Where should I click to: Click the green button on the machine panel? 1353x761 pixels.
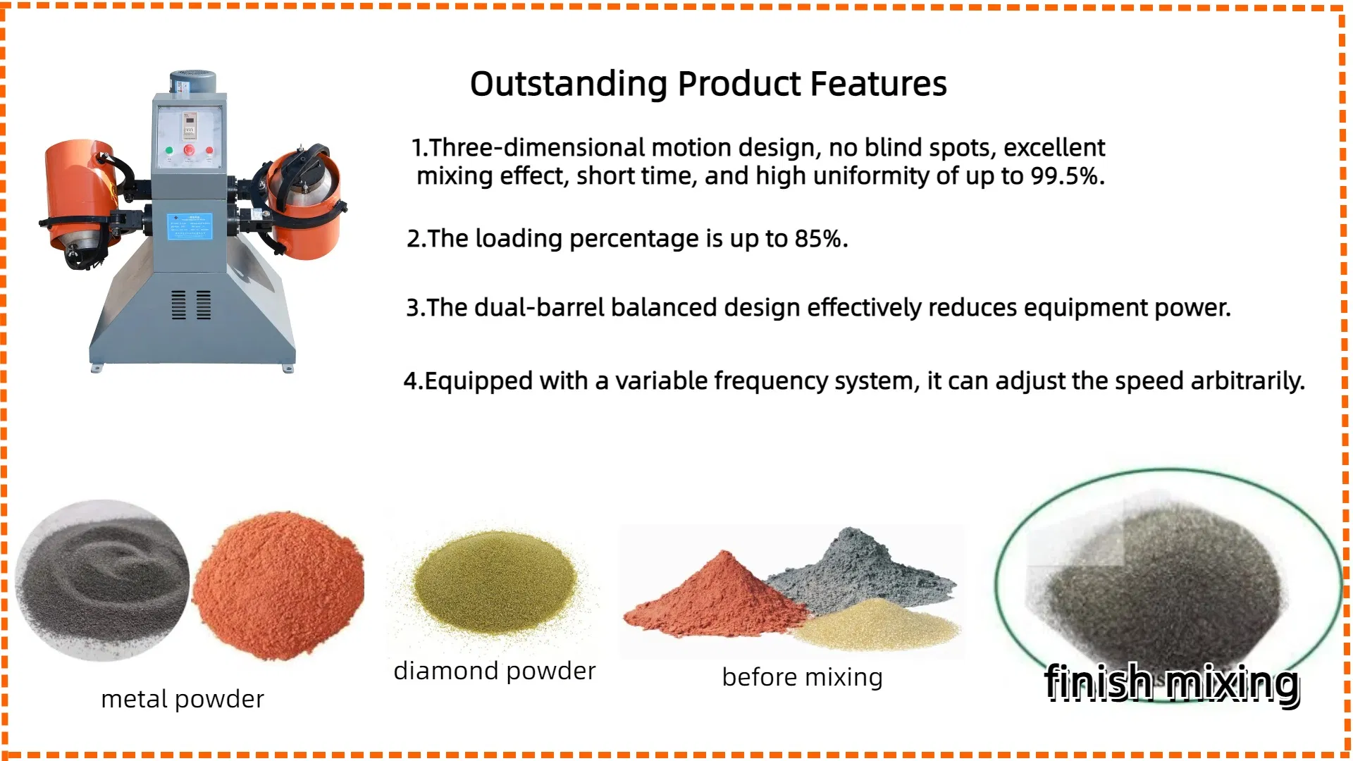coord(169,150)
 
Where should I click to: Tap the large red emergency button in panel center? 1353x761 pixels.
coord(189,150)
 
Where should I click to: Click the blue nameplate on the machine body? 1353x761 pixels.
coord(190,227)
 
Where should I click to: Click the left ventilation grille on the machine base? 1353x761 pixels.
coord(179,304)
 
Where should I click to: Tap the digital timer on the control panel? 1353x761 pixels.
coord(189,125)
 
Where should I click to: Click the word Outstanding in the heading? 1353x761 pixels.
coord(568,84)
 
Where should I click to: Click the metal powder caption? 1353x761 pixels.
coord(183,699)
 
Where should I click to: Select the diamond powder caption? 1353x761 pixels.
coord(495,671)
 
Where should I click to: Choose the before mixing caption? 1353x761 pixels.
coord(802,677)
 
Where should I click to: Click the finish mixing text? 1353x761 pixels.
coord(1172,683)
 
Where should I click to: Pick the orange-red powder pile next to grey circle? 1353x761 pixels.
coord(278,585)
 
